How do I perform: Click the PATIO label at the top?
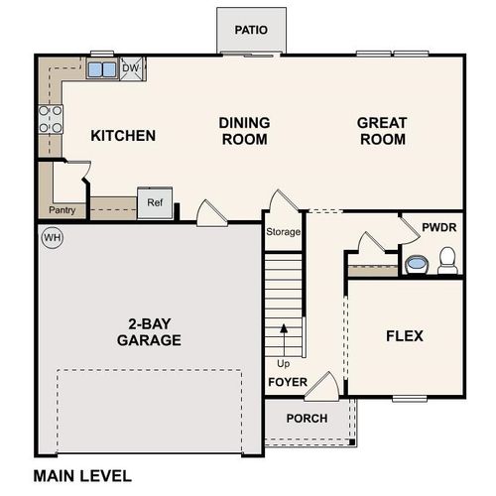coord(251,30)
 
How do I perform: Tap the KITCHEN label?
coord(123,135)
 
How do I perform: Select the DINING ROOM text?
coord(244,131)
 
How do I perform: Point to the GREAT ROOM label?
coord(382,131)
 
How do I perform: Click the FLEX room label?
coord(404,336)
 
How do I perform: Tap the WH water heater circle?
coord(51,238)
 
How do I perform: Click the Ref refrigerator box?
coord(154,202)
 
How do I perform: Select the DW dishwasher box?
coord(130,68)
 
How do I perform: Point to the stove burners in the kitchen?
coord(51,119)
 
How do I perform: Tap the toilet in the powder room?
coord(446,262)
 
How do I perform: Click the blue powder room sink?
coord(417,264)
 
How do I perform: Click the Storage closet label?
coord(282,232)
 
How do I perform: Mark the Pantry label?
coord(62,211)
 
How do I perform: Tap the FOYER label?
coord(287,381)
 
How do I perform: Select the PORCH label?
coord(307,418)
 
